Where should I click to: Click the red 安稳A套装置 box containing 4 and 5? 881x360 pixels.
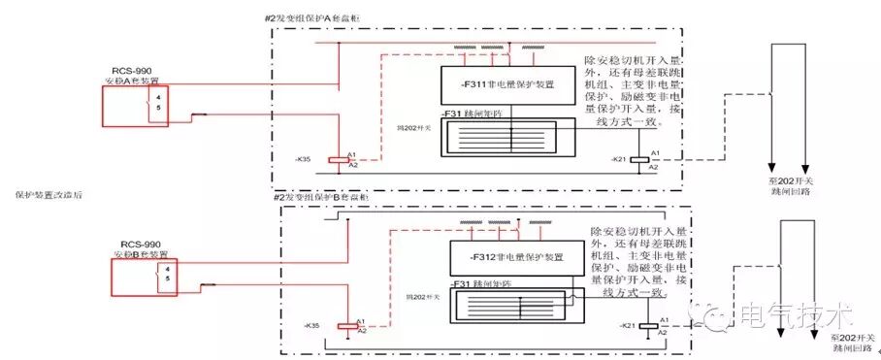[138, 106]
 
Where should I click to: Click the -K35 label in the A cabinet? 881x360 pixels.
[305, 157]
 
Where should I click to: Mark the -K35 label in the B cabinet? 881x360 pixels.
[311, 325]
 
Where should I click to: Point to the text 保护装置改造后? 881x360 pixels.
[49, 194]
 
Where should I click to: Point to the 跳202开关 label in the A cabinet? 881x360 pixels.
[397, 128]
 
